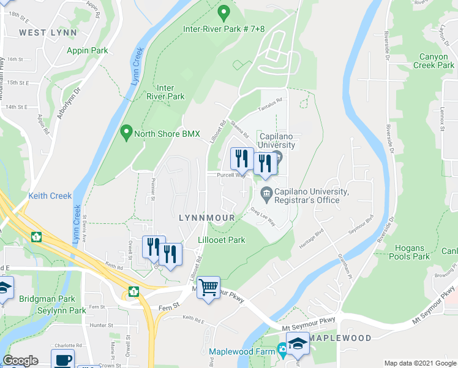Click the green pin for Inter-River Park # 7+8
tap(224, 12)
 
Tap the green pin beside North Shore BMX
tap(127, 131)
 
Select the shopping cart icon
tap(208, 287)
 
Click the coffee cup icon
tap(63, 361)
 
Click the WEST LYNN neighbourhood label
tap(48, 32)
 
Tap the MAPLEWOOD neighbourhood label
tap(340, 338)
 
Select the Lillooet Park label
tap(222, 240)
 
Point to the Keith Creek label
tap(50, 196)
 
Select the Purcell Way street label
tap(231, 175)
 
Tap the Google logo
tap(21, 361)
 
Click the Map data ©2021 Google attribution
tap(419, 363)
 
